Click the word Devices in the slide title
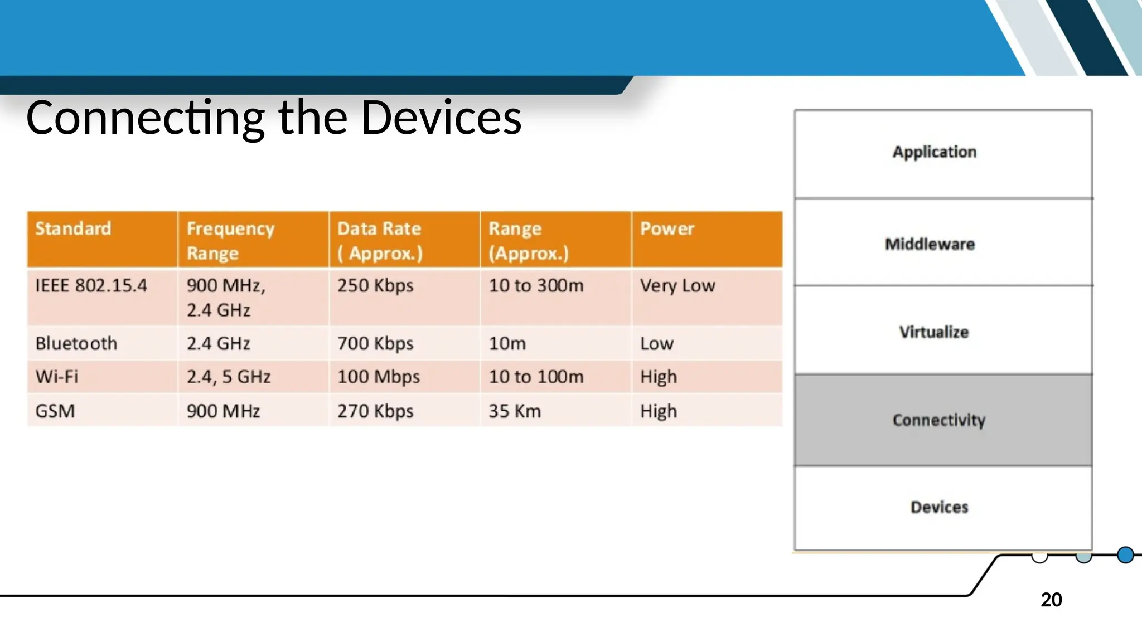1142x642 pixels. tap(441, 118)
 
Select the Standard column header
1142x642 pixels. tap(73, 229)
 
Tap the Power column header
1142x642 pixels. tap(667, 229)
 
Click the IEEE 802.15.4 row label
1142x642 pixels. tap(91, 286)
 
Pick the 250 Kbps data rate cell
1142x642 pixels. tap(375, 286)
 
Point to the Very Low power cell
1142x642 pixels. tap(677, 286)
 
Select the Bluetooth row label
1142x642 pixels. tap(76, 343)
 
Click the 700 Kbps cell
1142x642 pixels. tap(375, 343)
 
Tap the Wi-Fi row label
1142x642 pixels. tap(56, 377)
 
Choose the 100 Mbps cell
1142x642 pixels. tap(378, 377)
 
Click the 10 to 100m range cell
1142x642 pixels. tap(536, 377)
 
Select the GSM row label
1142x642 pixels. tap(55, 411)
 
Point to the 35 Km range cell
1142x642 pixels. tap(515, 411)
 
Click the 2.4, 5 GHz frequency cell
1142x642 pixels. tap(228, 377)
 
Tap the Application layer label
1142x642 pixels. tap(935, 152)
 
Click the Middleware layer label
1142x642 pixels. tap(930, 244)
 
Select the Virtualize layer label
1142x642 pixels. tap(934, 332)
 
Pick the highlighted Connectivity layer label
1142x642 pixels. tap(939, 420)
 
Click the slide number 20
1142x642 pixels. tap(1051, 600)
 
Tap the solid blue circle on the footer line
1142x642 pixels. tap(1125, 555)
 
